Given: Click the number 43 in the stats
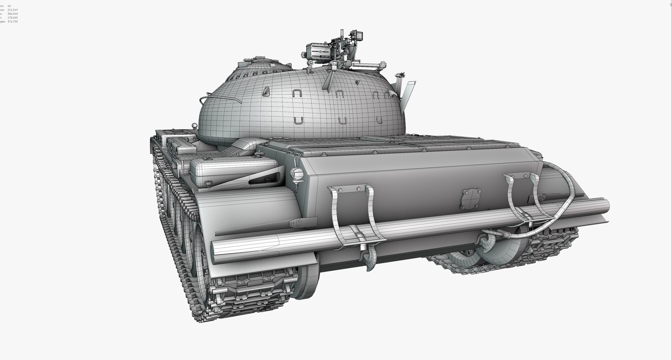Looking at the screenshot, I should coord(9,6).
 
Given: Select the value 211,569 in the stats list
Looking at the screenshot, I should coord(13,10).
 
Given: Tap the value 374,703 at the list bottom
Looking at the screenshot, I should coord(13,21).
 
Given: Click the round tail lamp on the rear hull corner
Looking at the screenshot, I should coord(296,173).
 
